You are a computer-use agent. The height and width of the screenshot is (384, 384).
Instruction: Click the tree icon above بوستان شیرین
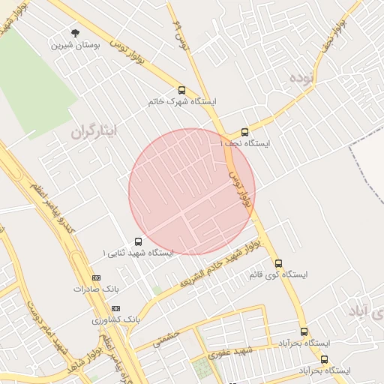coord(75,32)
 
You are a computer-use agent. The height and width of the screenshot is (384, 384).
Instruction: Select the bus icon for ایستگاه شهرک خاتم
coord(182,89)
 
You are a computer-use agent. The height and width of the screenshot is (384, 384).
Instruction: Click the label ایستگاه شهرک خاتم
coord(184,101)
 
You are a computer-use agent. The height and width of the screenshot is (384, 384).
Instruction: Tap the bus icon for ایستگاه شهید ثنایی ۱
coord(138,241)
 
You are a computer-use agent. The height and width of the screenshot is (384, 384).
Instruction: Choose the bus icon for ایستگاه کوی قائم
coord(279,263)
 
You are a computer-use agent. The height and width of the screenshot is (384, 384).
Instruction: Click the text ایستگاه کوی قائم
coord(277,275)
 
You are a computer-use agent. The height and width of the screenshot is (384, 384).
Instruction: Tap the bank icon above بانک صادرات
coord(95,277)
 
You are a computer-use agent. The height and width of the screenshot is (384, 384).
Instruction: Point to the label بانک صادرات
coord(97,288)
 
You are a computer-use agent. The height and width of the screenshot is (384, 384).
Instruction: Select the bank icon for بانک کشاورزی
coord(115,308)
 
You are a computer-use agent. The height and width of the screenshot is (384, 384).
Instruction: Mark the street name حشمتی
coord(167,339)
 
